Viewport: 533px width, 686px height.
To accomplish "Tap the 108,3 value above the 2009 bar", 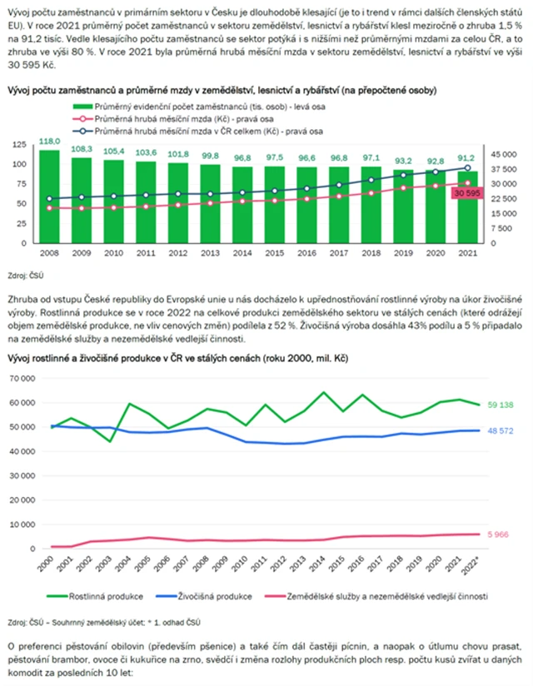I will point(81,149).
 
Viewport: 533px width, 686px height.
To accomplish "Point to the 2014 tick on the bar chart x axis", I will point(242,253).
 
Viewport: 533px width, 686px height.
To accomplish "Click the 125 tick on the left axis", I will point(20,145).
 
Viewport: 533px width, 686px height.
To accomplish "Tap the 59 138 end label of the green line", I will point(500,405).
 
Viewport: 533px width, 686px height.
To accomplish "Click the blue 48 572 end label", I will point(500,431).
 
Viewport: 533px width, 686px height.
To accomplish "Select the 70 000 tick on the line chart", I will point(27,378).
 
